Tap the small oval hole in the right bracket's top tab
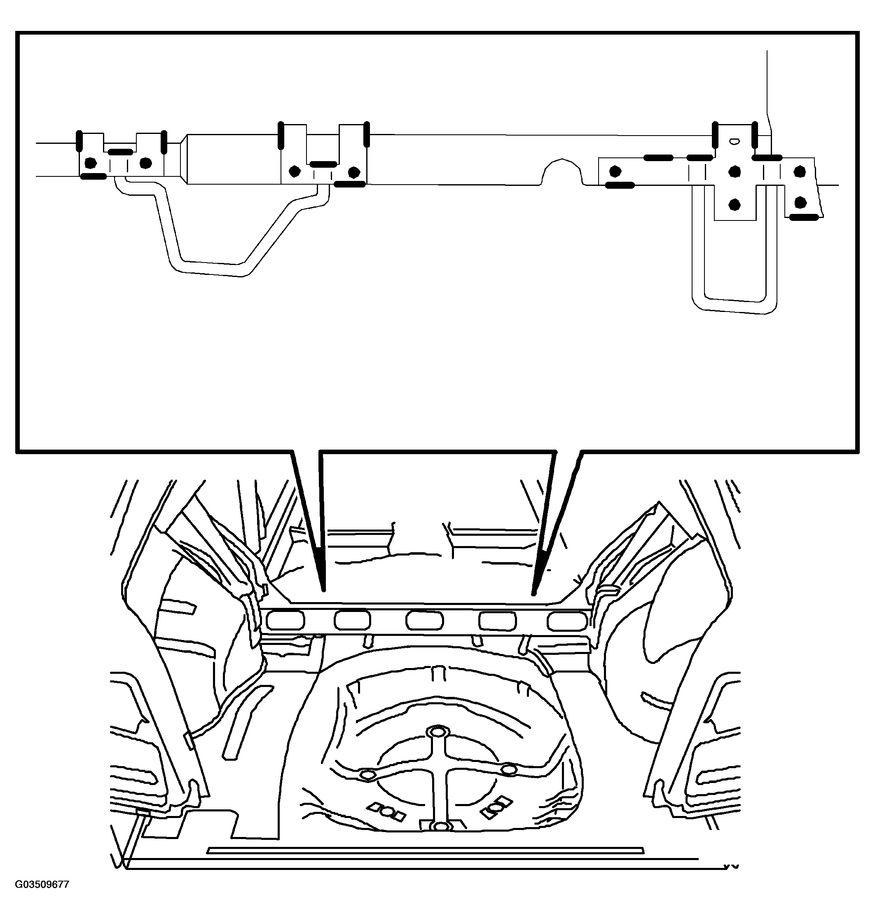pyautogui.click(x=735, y=140)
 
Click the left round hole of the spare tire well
pyautogui.click(x=367, y=775)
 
